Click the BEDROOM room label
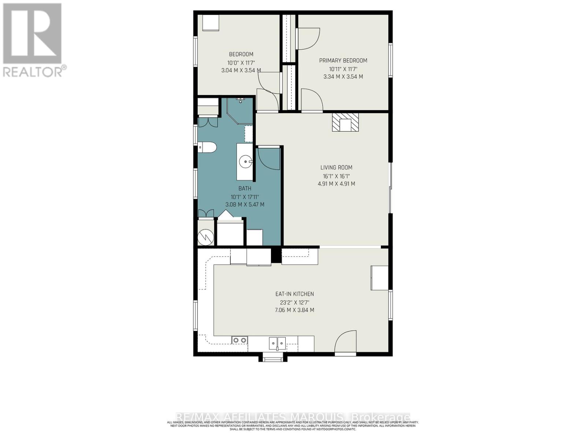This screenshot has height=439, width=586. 241,54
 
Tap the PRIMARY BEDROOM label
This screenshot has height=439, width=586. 343,60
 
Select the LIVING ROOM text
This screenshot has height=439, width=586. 336,168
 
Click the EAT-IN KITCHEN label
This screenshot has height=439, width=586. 294,294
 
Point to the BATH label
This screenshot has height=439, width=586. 245,188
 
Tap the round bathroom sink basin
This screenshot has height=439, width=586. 245,161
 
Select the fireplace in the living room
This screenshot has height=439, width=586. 345,122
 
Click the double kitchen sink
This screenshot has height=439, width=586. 277,343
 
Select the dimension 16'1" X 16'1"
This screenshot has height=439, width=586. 336,176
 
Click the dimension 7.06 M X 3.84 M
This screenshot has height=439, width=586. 294,310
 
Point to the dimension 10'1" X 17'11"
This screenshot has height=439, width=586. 245,196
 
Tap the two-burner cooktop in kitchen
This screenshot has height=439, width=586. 240,340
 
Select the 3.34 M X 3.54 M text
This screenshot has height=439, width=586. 343,76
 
